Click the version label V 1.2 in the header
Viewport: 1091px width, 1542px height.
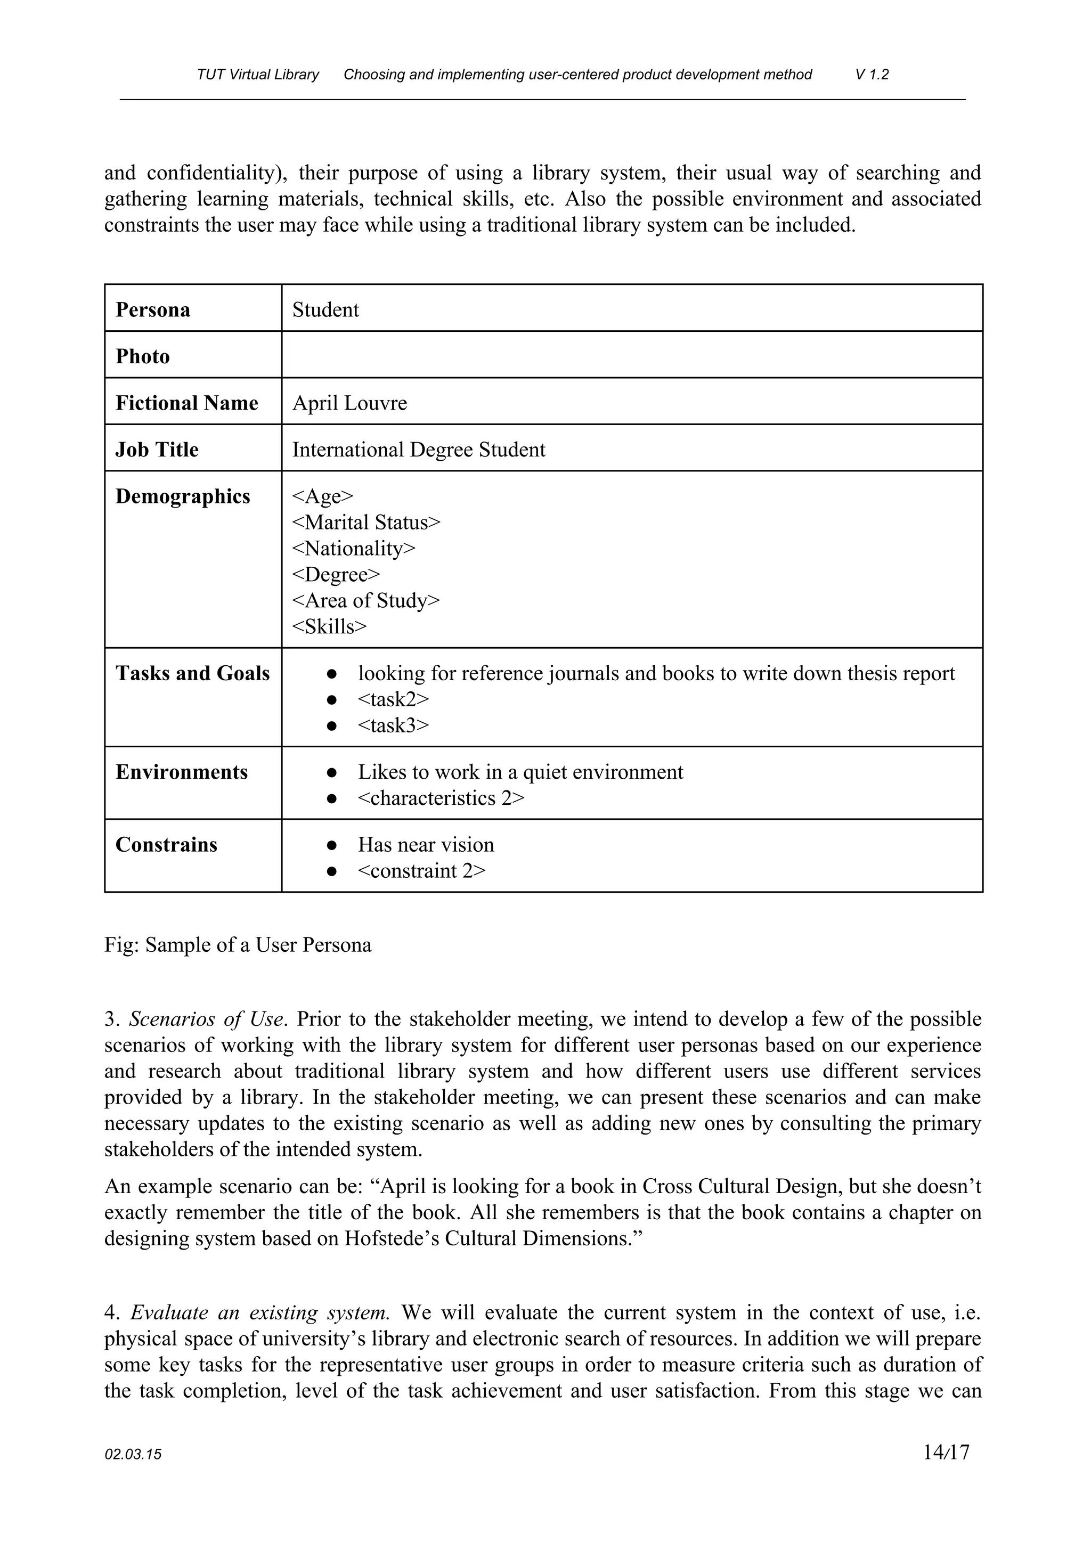[872, 75]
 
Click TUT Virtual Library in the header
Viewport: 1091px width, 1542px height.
[258, 75]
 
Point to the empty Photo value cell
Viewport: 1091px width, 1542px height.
[631, 355]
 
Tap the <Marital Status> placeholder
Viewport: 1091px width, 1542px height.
[366, 523]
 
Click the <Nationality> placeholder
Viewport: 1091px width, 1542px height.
[354, 549]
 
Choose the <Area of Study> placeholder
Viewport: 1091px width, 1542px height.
[366, 600]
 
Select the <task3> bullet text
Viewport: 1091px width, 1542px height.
[393, 725]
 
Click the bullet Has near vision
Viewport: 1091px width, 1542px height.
[426, 844]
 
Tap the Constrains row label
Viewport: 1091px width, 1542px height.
[167, 844]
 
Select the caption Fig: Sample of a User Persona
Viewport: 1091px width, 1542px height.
[238, 945]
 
